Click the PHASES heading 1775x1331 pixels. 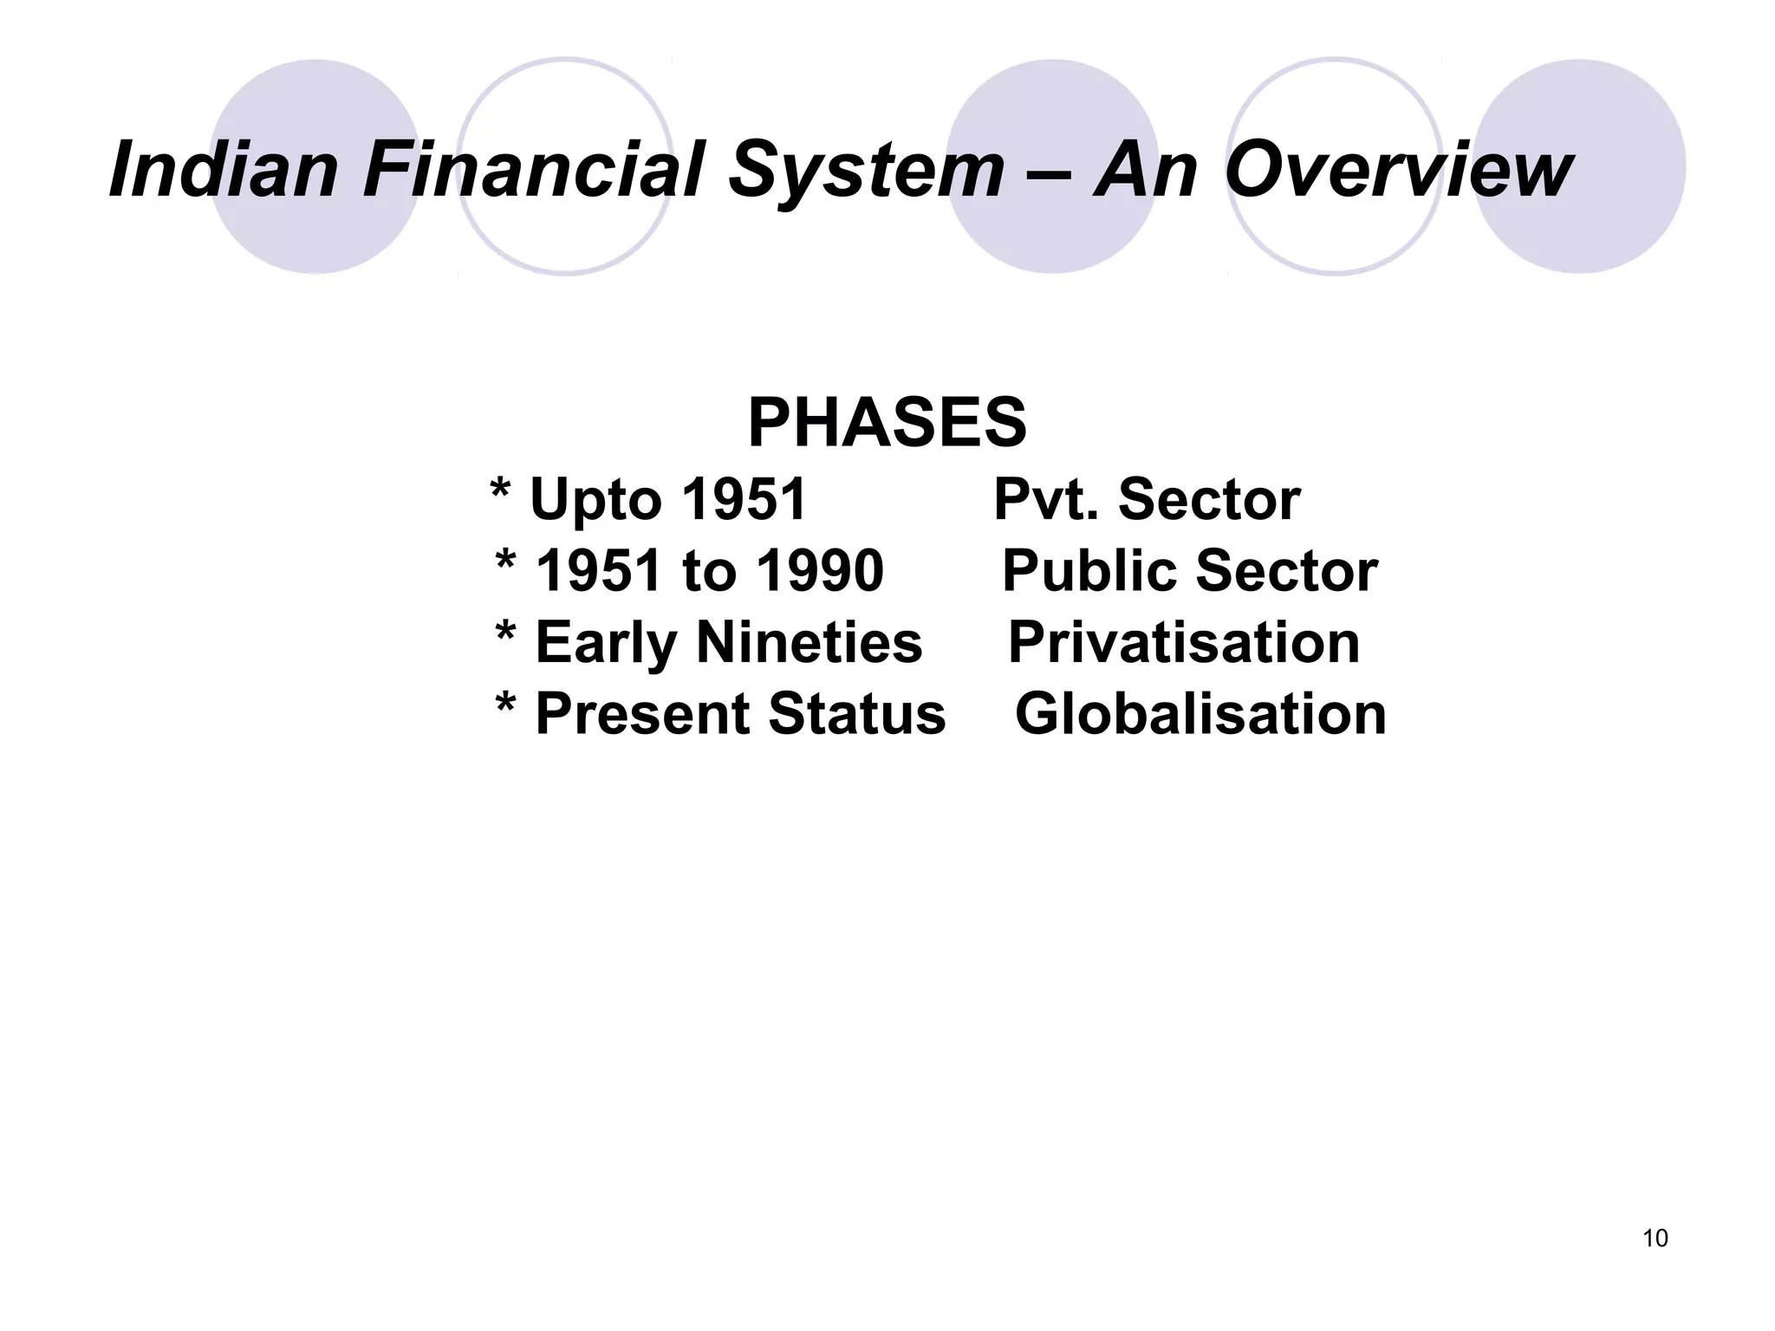coord(887,423)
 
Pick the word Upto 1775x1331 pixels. coord(599,501)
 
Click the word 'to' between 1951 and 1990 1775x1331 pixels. coord(709,572)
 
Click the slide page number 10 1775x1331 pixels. coord(1655,1238)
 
